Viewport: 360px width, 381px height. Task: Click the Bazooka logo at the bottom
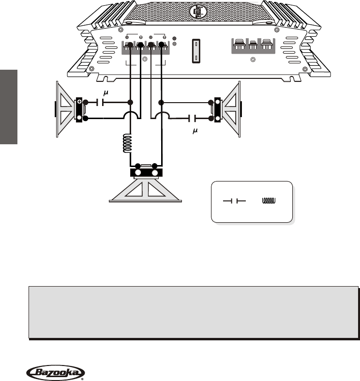pos(54,372)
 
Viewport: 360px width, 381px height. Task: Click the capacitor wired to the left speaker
pos(99,103)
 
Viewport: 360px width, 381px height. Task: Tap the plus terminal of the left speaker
pos(78,103)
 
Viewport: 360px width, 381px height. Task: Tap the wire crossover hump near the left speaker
pos(130,116)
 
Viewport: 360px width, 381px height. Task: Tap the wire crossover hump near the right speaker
pos(162,116)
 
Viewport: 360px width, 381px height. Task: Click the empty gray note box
pos(194,312)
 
